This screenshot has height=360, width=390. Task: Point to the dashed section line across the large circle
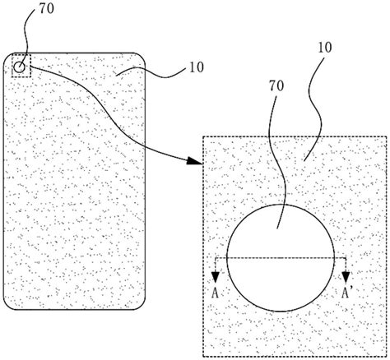point(281,258)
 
